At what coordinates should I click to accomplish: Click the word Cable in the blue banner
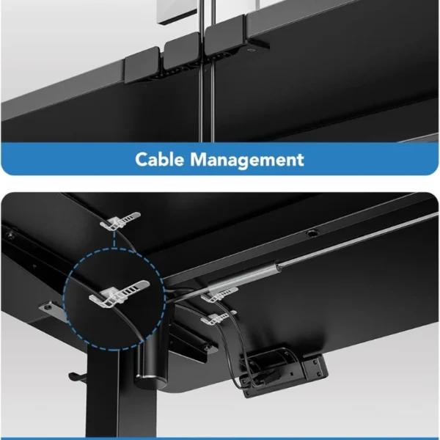coord(159,159)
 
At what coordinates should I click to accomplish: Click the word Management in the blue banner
coord(247,160)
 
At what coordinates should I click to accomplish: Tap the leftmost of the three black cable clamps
coord(142,65)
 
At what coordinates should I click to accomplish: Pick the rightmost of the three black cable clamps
coord(225,36)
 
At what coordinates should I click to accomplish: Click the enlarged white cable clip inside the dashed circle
coord(119,294)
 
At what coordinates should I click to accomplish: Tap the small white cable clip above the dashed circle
coord(120,221)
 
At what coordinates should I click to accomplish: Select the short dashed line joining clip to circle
coord(114,239)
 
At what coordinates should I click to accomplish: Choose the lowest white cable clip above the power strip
coord(219,318)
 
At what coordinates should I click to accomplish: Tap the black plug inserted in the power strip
coord(269,376)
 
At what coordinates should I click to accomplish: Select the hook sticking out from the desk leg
coord(78,376)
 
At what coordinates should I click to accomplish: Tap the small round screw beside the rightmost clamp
coord(250,50)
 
